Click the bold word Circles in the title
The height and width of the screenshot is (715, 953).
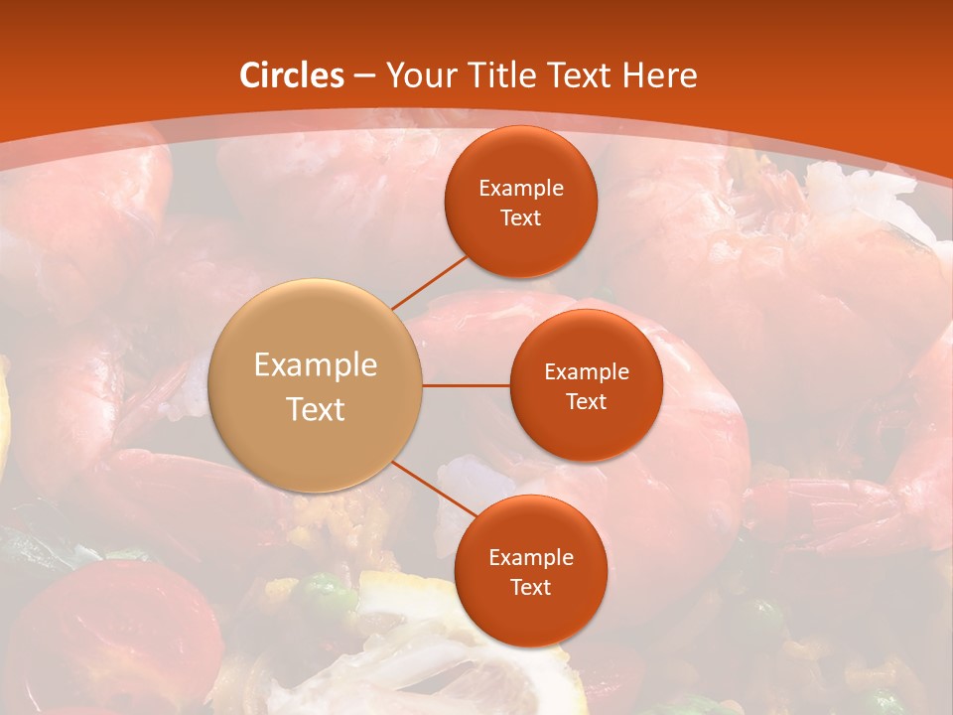292,75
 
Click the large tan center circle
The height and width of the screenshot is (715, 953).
316,385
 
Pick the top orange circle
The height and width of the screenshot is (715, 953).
520,203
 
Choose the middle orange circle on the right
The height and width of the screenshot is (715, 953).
586,385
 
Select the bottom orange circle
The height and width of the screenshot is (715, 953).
530,572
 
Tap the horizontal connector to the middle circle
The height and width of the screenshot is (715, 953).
466,385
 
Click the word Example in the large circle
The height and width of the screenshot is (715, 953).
316,365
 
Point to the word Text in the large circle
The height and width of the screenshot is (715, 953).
316,409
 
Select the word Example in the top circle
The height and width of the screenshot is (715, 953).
520,189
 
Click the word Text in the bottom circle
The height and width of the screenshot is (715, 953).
530,587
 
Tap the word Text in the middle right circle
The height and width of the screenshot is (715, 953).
586,401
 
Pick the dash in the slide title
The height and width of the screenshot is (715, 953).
364,75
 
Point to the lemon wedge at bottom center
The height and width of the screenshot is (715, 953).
447,645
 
